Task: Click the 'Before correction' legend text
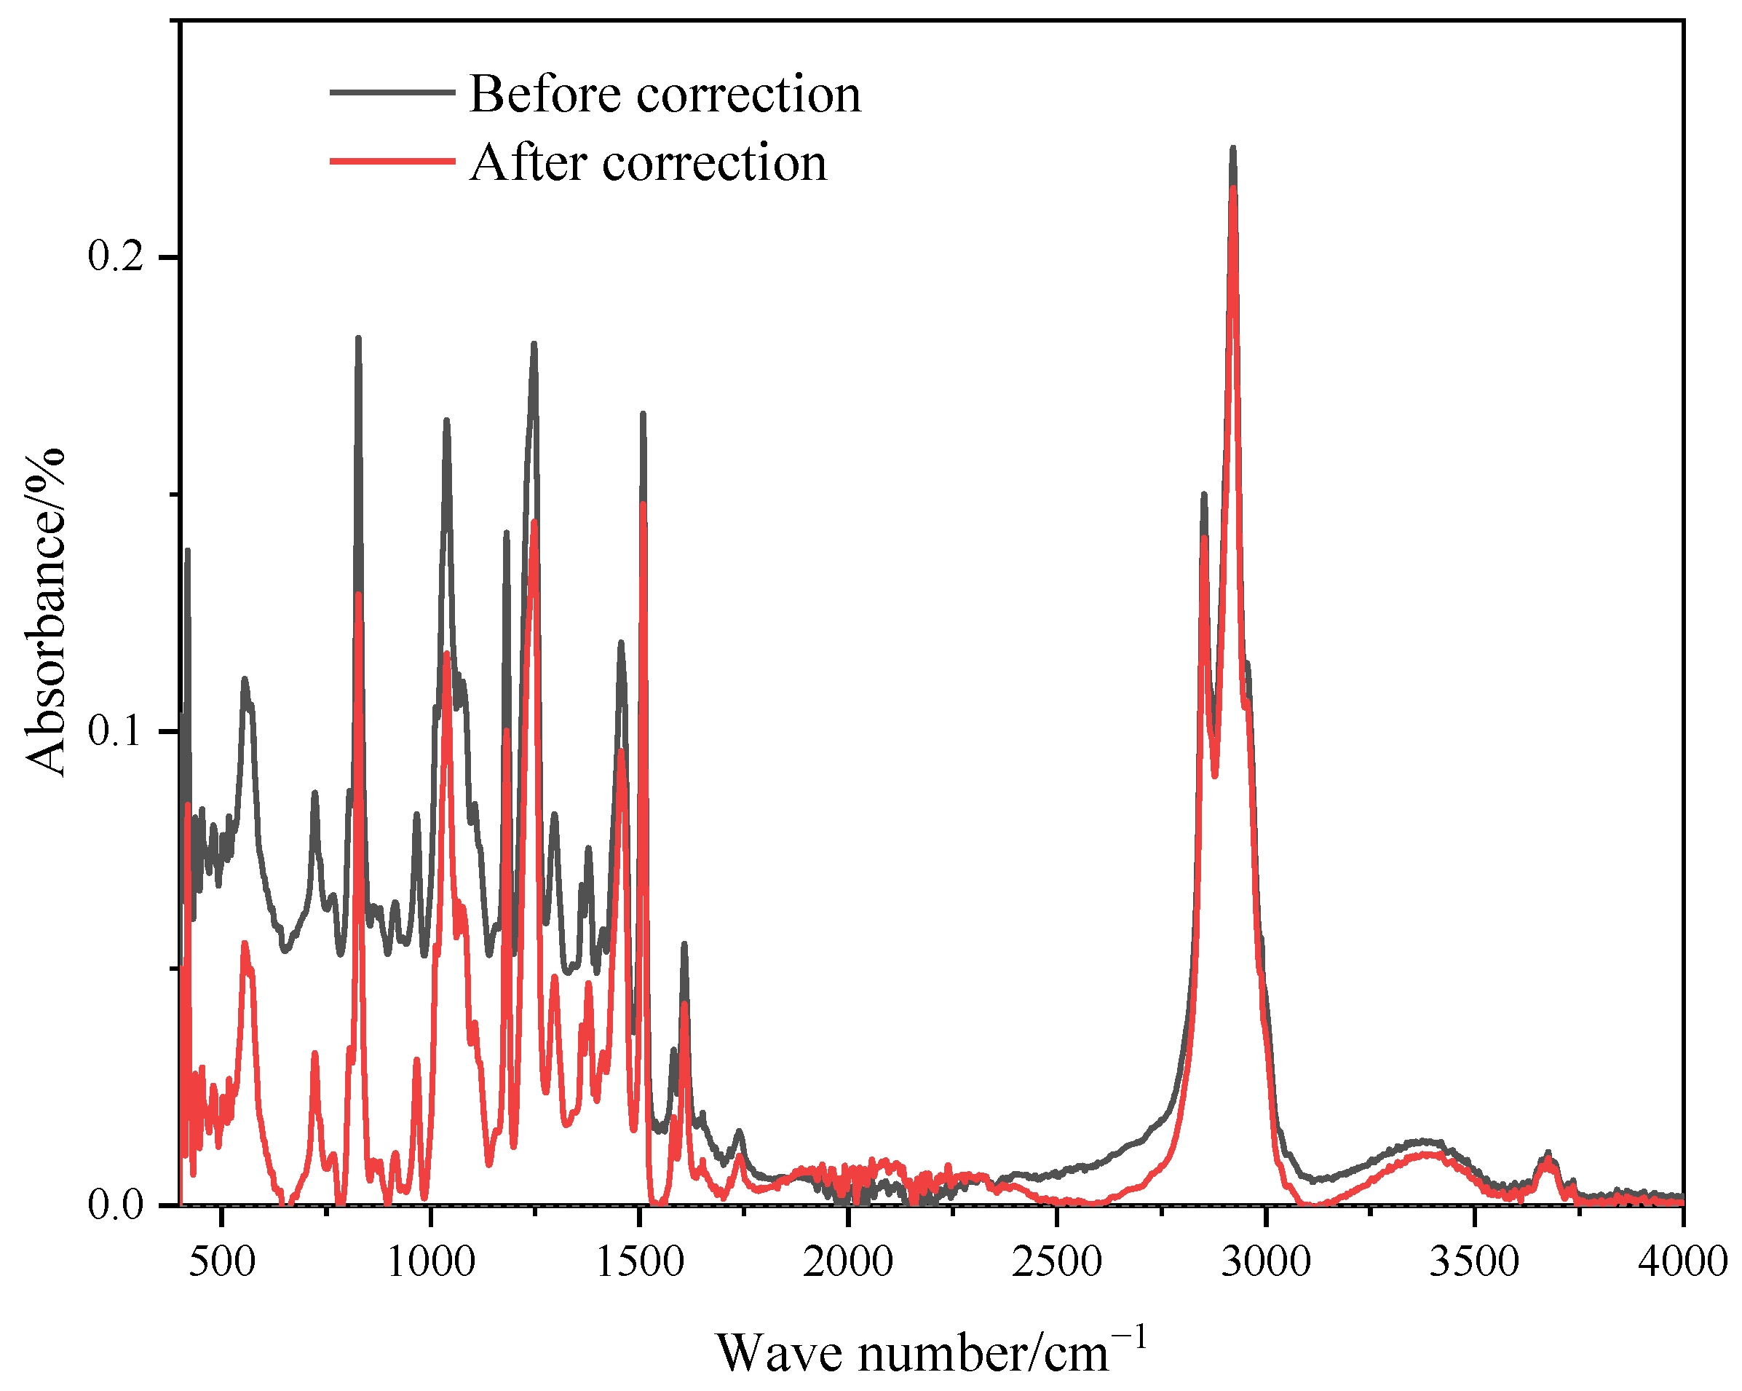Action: [x=664, y=94]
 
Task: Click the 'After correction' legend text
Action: [x=648, y=162]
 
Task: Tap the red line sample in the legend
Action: [x=392, y=161]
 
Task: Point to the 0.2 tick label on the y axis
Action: [x=115, y=256]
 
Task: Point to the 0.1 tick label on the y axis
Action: [x=115, y=730]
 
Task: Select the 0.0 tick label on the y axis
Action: [x=115, y=1205]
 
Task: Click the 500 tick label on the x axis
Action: [x=222, y=1261]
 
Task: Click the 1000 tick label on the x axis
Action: [x=431, y=1261]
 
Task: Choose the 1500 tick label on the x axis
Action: [x=639, y=1261]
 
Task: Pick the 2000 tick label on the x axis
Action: [x=847, y=1261]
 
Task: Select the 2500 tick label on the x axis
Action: [x=1056, y=1261]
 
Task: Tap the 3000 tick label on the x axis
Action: [x=1265, y=1261]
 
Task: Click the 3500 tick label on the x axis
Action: [x=1474, y=1261]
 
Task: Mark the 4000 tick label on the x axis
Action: [x=1682, y=1261]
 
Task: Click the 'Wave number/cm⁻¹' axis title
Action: [x=931, y=1351]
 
